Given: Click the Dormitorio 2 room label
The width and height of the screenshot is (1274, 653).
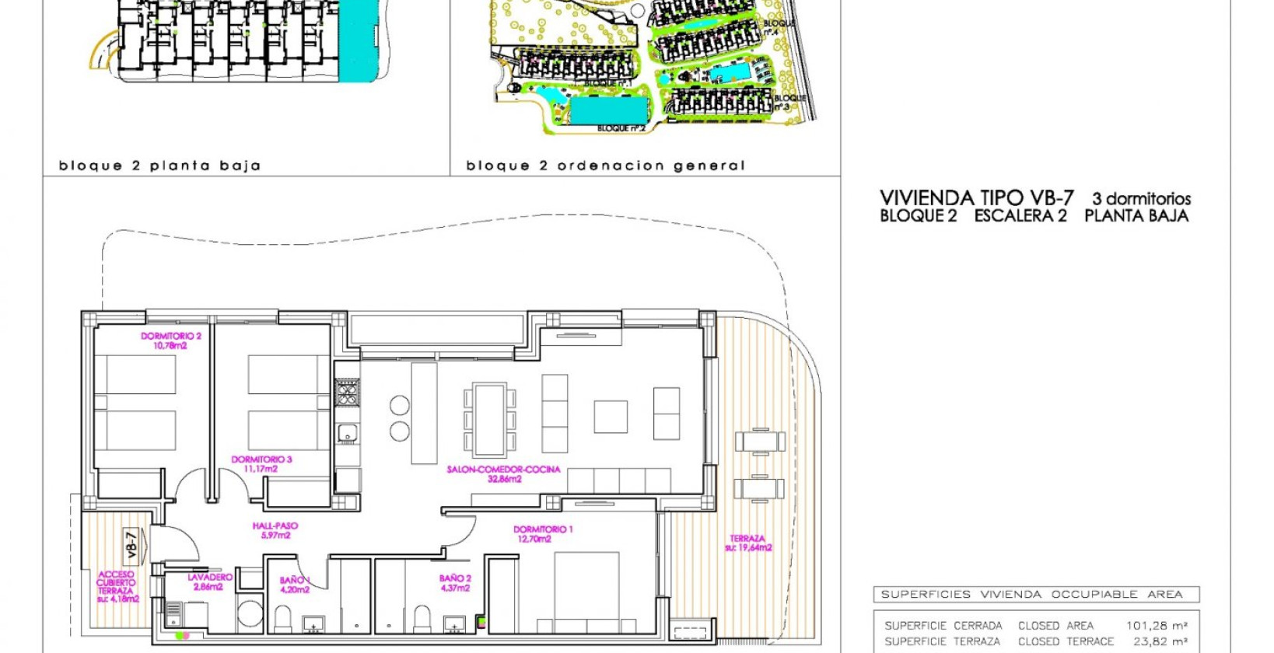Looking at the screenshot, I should coord(170,340).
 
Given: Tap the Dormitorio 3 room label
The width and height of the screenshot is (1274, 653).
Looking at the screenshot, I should coord(261,464).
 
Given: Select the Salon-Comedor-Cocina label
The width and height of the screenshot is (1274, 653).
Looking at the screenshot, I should coord(503,474).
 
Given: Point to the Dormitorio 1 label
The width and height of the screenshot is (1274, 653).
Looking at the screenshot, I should coord(543,534).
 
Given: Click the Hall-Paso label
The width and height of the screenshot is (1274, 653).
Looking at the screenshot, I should coord(275,530).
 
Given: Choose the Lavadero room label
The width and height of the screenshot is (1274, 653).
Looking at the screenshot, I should coord(209,582).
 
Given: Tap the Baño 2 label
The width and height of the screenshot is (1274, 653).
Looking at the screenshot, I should coord(455,583).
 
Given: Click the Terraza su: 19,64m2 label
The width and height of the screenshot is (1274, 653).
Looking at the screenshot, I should coord(747,543).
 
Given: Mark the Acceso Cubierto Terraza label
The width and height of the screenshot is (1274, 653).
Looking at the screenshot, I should coord(117,587).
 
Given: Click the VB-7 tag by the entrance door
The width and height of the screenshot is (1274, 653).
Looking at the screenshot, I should coord(131,544).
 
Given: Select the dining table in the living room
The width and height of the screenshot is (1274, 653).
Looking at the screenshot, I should coord(489,420).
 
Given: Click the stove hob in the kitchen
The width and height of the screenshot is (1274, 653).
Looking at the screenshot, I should coord(347,393).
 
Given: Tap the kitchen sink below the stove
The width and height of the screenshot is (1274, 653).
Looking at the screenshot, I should coord(347,433).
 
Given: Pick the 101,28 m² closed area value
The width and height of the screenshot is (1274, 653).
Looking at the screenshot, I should coord(1156,626).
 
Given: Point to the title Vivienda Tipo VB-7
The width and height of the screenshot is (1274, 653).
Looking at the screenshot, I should coord(976,198).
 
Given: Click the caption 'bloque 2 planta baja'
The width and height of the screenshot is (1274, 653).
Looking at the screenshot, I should coord(159,166).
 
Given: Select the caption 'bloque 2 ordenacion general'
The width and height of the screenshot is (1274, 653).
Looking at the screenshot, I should coord(605,166).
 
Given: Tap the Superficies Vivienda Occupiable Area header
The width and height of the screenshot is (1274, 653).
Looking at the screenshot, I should coord(1031,595).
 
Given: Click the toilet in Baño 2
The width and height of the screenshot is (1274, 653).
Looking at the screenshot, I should coord(422,618).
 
